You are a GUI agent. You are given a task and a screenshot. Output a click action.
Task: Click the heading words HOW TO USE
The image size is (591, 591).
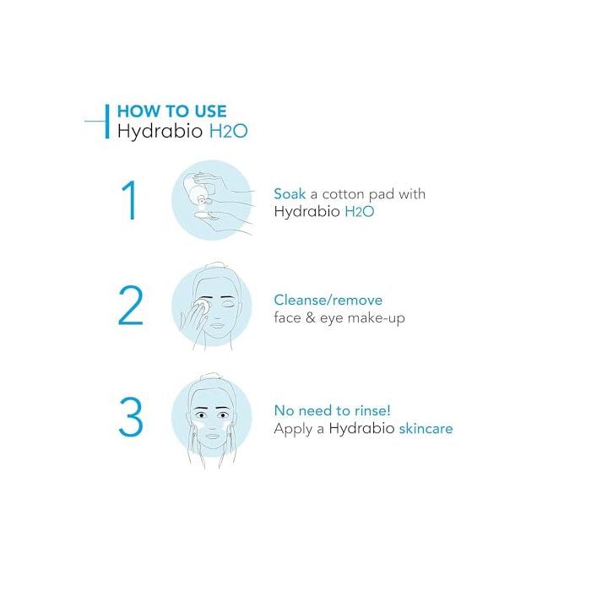coord(172,111)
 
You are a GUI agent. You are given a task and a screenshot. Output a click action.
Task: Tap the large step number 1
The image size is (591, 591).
coord(129,200)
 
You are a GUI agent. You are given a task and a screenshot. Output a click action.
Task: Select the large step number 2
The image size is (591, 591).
coord(130,306)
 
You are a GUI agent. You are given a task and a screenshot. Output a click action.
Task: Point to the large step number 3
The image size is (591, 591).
coord(130,417)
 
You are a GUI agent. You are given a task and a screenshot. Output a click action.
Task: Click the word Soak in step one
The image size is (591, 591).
coord(290,193)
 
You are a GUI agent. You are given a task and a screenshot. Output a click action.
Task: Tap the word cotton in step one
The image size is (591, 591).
coord(343,194)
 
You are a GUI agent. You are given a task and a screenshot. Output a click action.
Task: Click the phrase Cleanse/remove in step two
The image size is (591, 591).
coord(328,300)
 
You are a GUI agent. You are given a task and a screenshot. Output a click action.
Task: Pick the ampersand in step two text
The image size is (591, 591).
coord(310,317)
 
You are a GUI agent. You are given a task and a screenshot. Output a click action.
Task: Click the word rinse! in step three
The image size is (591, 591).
coord(371,410)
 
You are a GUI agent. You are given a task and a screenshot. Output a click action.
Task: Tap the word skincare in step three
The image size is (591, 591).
coord(426,429)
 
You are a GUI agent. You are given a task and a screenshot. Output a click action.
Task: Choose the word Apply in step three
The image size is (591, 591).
coord(293,429)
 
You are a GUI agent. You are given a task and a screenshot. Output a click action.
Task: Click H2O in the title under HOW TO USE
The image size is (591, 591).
coord(229,131)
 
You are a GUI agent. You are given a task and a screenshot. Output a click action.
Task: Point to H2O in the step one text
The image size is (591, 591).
coord(360,211)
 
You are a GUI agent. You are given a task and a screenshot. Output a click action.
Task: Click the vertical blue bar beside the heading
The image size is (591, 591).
coord(107,122)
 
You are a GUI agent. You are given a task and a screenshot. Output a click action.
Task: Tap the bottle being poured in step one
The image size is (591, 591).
coord(195,188)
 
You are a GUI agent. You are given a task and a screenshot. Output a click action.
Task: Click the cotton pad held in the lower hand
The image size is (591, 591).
coord(206,215)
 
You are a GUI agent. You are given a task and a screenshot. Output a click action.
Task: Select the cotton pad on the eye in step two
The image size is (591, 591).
coord(204,306)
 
